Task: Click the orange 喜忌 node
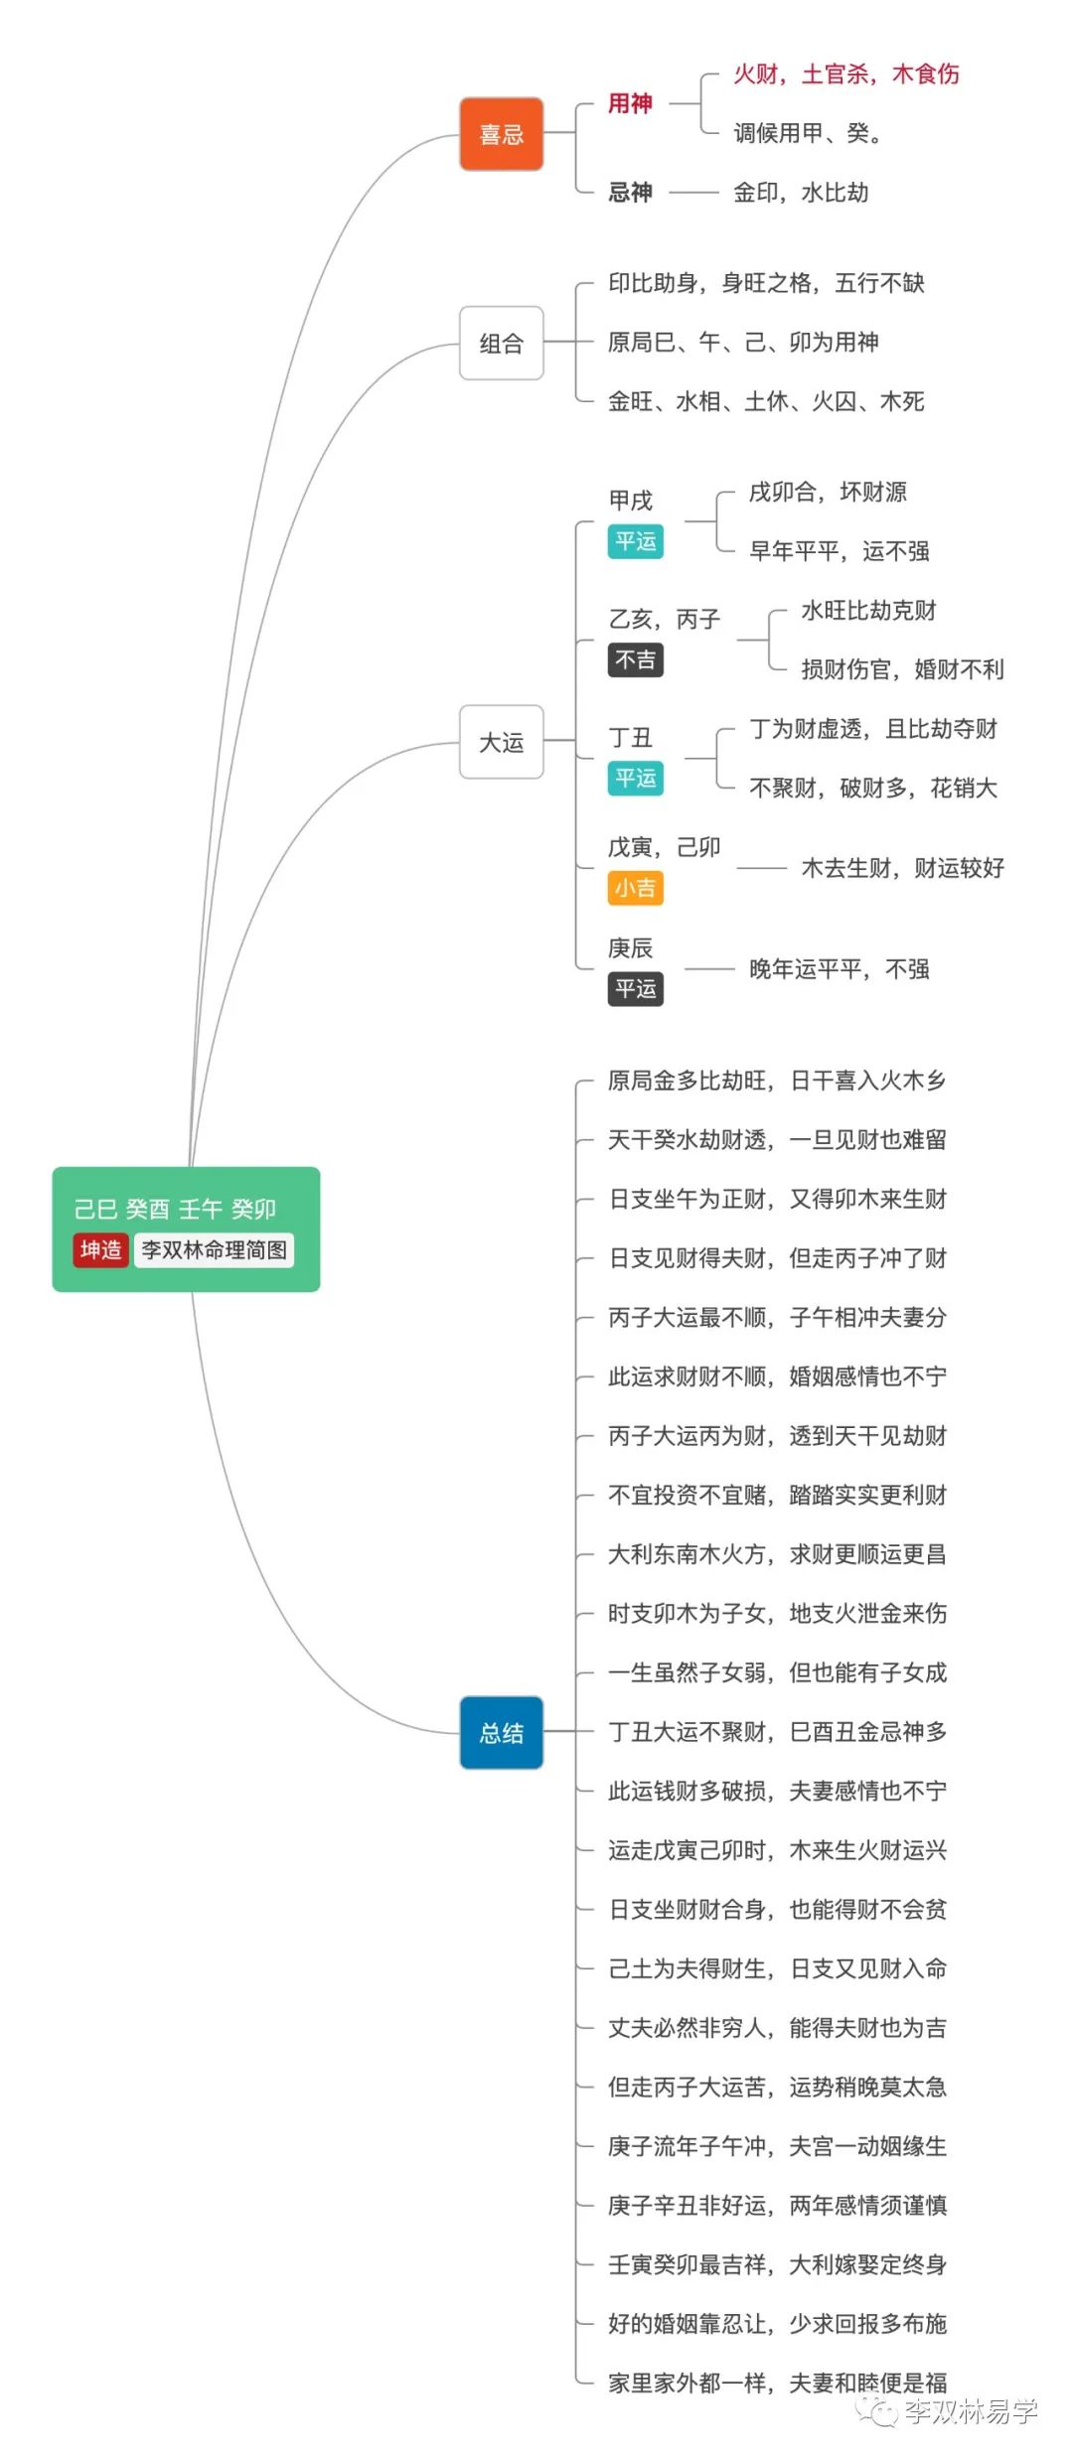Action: (501, 134)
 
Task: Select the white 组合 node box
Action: (501, 344)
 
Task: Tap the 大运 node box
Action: (501, 742)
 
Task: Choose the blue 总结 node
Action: (501, 1733)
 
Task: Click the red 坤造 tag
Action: (100, 1249)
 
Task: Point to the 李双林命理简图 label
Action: (214, 1249)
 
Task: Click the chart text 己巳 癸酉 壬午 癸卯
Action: (175, 1209)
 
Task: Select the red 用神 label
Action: (630, 103)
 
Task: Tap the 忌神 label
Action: (630, 192)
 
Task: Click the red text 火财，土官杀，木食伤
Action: (846, 74)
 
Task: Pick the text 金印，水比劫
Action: (801, 192)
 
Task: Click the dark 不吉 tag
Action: (635, 660)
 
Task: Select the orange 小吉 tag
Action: (635, 888)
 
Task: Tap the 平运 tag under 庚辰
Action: (635, 989)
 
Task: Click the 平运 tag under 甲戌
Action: (635, 541)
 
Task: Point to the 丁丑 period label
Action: (630, 738)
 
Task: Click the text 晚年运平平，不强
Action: (840, 969)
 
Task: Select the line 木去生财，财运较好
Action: (902, 869)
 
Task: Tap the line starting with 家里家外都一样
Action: (777, 2383)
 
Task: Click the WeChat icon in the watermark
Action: (878, 2411)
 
